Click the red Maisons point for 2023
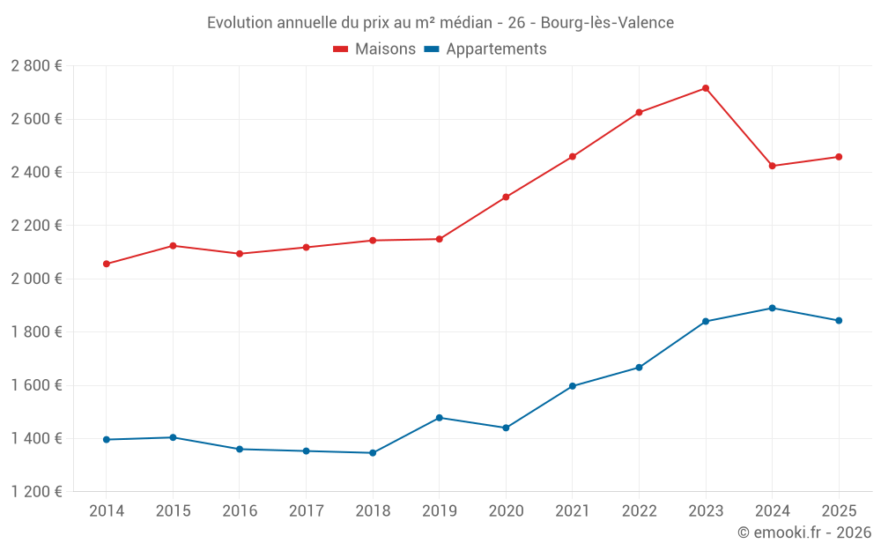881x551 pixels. (706, 88)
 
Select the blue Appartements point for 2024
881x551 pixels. (772, 308)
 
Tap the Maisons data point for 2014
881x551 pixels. (107, 264)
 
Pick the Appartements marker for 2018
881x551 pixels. (373, 453)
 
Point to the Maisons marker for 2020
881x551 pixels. (506, 197)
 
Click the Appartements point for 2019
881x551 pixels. (440, 418)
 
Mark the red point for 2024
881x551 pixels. (772, 166)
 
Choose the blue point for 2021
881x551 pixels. (573, 386)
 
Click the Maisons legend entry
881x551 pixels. (374, 49)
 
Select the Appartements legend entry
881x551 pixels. (485, 49)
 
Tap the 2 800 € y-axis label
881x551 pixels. (36, 66)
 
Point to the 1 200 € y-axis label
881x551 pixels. (36, 492)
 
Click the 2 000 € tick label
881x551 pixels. (36, 279)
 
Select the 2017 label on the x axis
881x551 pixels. (306, 511)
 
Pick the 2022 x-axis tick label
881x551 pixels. (639, 511)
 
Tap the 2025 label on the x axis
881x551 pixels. (838, 511)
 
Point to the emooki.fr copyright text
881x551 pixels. (804, 532)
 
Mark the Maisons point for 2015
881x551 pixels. (173, 246)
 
